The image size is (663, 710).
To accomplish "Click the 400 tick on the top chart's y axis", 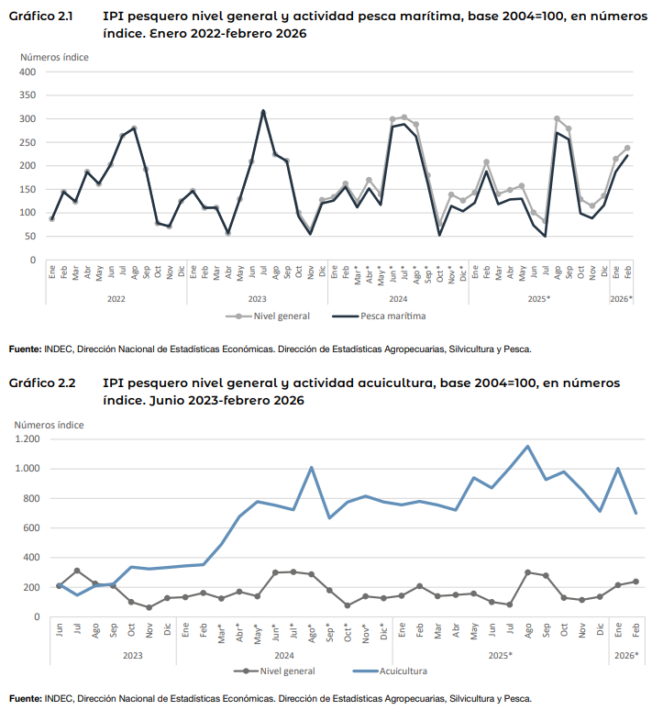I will point(27,72).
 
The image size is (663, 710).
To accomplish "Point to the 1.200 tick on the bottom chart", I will point(28,439).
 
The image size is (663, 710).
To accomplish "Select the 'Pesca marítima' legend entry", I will point(386,316).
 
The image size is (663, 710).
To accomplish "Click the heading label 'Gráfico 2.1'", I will point(42,16).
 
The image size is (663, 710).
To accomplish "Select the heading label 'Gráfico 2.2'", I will point(42,383).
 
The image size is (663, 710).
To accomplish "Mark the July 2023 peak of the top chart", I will point(263,111).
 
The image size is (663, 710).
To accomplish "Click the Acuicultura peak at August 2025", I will point(527,447).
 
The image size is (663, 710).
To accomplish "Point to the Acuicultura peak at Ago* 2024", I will point(312,468).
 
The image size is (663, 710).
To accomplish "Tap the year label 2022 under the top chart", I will point(116,298).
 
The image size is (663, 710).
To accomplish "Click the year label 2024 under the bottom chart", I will point(284,655).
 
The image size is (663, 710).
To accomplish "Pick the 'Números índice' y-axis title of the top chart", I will point(55,57).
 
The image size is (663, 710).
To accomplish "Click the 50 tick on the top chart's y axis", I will point(29,237).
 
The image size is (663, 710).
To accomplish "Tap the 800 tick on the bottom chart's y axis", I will point(30,498).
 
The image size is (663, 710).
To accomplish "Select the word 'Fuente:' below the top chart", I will point(25,349).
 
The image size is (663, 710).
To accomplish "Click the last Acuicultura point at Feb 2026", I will point(635,513).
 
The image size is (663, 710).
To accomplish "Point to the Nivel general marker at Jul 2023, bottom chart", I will point(77,571).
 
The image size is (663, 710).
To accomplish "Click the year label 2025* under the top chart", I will point(538,298).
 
